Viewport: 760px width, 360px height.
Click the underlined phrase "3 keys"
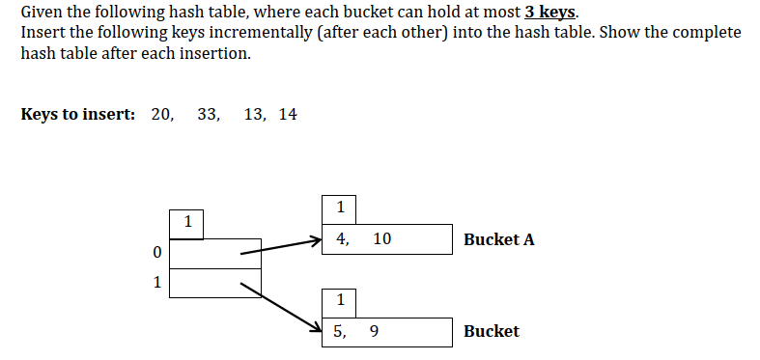[549, 13]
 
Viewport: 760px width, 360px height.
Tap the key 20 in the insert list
[162, 115]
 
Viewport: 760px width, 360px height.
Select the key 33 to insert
[208, 115]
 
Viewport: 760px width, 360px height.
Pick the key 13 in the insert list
[256, 115]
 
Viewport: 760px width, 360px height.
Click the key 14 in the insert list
[288, 115]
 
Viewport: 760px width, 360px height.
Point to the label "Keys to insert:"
[77, 115]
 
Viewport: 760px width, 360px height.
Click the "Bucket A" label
[498, 239]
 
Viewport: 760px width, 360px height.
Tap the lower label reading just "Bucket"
[491, 331]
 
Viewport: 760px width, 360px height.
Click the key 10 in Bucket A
[381, 238]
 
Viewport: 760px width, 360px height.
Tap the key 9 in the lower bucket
[374, 331]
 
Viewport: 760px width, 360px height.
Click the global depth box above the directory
[187, 223]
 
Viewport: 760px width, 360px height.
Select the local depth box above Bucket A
[340, 208]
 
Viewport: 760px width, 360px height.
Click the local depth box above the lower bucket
[340, 300]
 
